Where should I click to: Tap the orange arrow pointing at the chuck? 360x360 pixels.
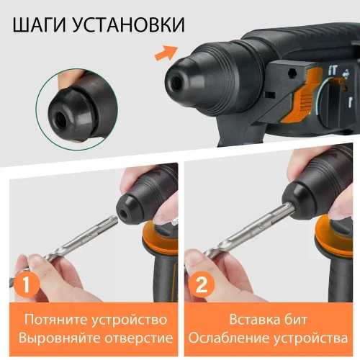coord(166,51)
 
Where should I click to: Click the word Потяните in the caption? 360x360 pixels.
coord(55,319)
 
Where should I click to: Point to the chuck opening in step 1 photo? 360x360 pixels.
coord(129,213)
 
